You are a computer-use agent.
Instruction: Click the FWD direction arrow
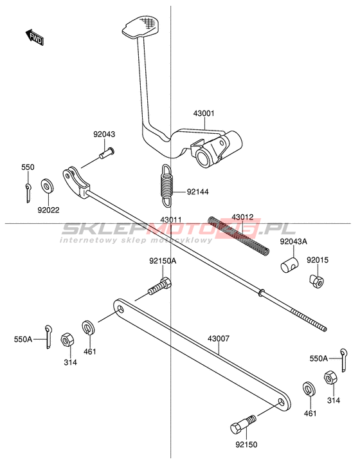[35, 37]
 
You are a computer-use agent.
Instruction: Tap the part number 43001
[204, 113]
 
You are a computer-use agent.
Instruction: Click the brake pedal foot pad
[140, 26]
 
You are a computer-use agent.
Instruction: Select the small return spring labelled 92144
[167, 185]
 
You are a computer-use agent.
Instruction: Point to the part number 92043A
[293, 241]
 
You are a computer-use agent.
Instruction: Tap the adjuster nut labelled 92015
[316, 281]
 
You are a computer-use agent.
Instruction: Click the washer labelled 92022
[48, 186]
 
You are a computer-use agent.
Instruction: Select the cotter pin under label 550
[28, 193]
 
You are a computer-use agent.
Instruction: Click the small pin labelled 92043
[107, 153]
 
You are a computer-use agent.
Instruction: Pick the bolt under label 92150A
[159, 286]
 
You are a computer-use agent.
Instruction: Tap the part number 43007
[219, 338]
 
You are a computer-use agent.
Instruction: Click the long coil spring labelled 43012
[239, 236]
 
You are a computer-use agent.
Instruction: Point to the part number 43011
[171, 220]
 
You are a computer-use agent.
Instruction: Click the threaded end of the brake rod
[309, 319]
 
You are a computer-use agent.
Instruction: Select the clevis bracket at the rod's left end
[75, 183]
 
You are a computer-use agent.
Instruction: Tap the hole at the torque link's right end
[281, 402]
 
